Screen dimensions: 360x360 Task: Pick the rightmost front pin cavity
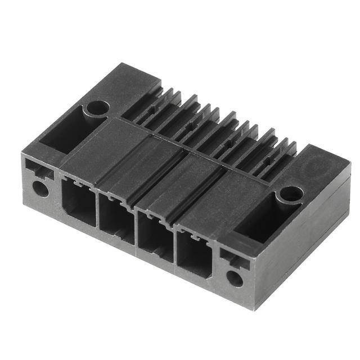[x=194, y=256]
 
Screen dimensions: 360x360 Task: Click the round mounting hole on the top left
[x=97, y=107]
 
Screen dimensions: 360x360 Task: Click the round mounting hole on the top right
[x=291, y=194]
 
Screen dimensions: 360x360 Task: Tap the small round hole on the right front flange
[x=235, y=278]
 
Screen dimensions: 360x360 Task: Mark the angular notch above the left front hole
[x=39, y=169]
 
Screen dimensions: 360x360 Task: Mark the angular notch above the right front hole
[x=233, y=258]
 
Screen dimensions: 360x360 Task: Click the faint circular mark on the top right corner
[x=322, y=166]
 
